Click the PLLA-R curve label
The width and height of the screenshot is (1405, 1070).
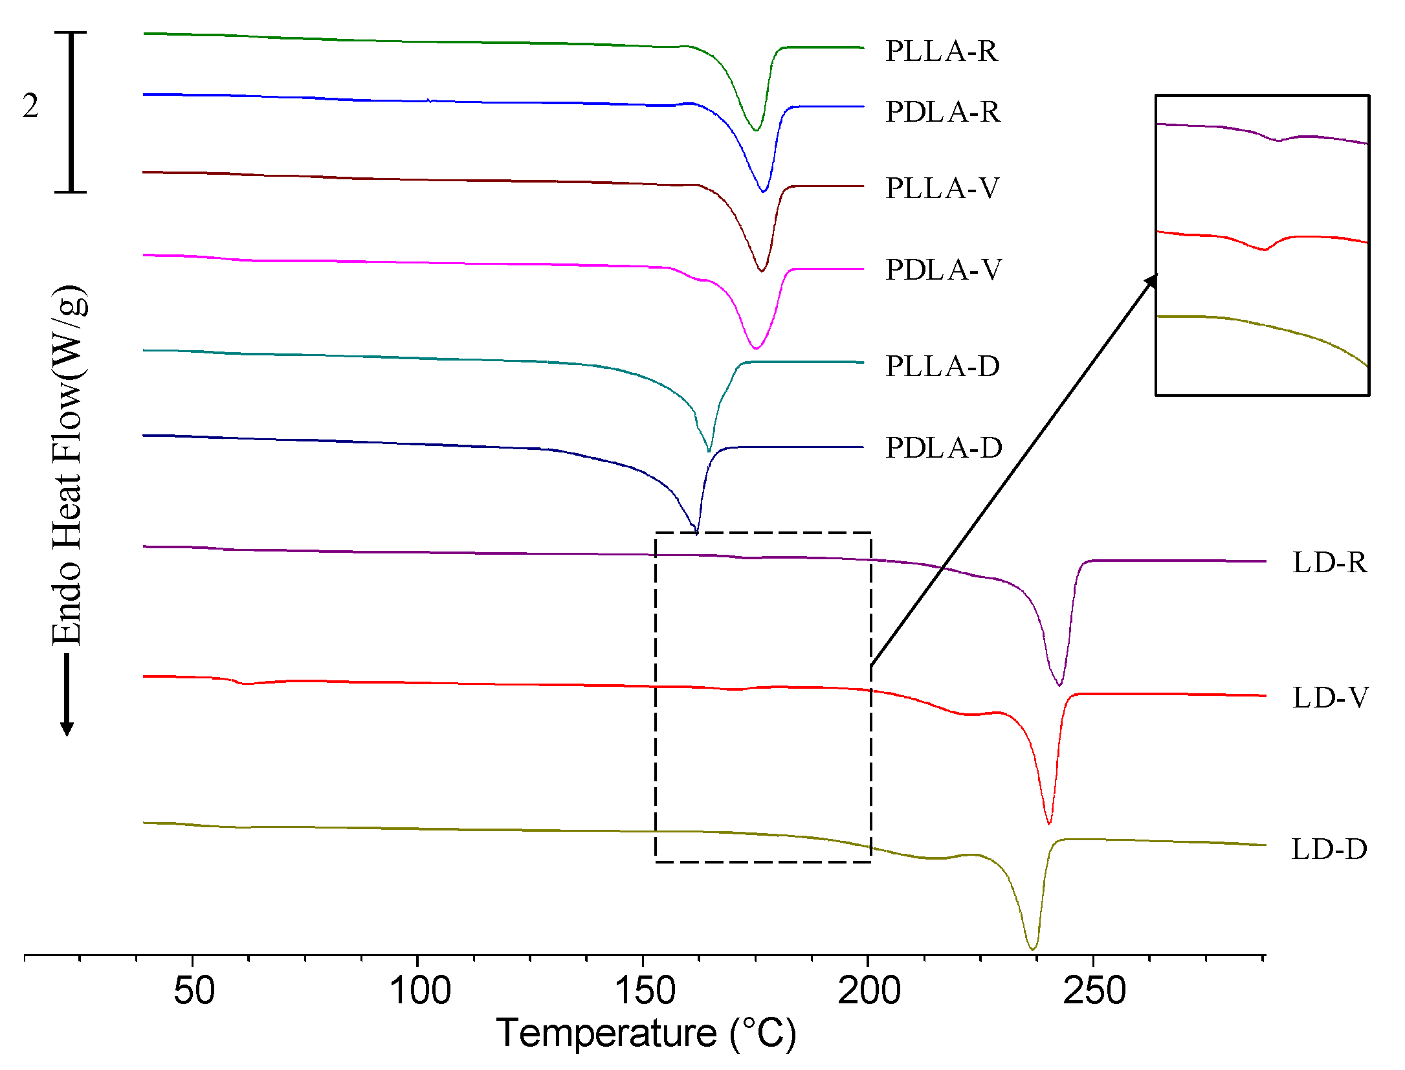click(x=941, y=51)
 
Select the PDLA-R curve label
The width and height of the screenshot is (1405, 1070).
click(x=942, y=112)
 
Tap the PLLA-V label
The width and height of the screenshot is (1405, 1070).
click(x=942, y=188)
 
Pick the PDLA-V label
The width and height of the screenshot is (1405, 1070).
click(x=943, y=270)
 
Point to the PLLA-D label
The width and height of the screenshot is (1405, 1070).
click(x=942, y=366)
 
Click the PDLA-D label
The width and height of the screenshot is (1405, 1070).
click(x=944, y=448)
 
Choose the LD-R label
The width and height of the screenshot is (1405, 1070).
click(x=1329, y=563)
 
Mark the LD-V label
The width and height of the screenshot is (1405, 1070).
click(x=1330, y=698)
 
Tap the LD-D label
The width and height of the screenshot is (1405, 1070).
click(x=1329, y=849)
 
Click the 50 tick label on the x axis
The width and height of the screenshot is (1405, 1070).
click(x=194, y=991)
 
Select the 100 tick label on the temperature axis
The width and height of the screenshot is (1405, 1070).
click(x=419, y=991)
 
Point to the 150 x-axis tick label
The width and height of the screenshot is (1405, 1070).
click(x=644, y=991)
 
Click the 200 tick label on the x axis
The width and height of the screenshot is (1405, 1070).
click(x=868, y=991)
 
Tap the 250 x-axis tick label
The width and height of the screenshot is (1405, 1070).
click(x=1094, y=991)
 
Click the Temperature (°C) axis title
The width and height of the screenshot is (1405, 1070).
click(x=645, y=1033)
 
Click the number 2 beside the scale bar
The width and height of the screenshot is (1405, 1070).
click(x=30, y=106)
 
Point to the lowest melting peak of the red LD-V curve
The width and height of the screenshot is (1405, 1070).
click(x=1048, y=823)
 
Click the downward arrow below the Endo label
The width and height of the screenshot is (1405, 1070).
click(x=67, y=696)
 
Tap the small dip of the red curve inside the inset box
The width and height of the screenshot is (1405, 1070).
click(x=1264, y=249)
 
